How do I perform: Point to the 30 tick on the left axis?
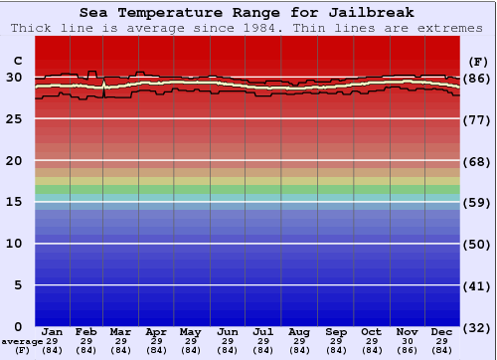click(x=14, y=78)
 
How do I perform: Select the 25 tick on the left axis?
click(x=14, y=119)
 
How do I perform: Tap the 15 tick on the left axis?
click(x=14, y=202)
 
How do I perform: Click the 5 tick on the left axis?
click(x=18, y=285)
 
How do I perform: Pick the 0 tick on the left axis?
click(x=18, y=326)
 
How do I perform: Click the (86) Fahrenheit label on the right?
click(x=477, y=78)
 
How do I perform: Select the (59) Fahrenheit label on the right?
click(x=477, y=203)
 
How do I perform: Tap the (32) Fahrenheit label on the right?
click(x=477, y=327)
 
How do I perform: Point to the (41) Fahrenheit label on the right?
click(x=477, y=285)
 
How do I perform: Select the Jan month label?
click(x=53, y=331)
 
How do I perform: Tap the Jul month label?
click(x=263, y=331)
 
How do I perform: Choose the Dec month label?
click(x=442, y=331)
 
